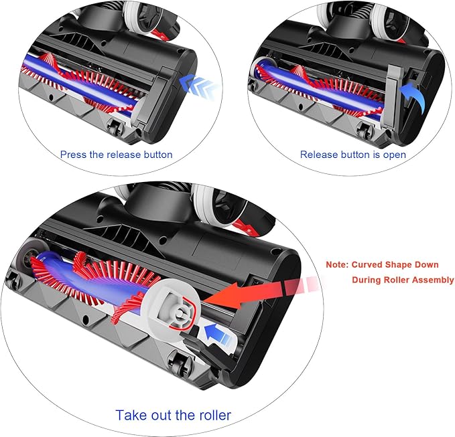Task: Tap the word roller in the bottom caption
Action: [x=210, y=415]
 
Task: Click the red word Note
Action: [x=338, y=265]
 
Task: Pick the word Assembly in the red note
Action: [x=434, y=280]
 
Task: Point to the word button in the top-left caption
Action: [x=157, y=155]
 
